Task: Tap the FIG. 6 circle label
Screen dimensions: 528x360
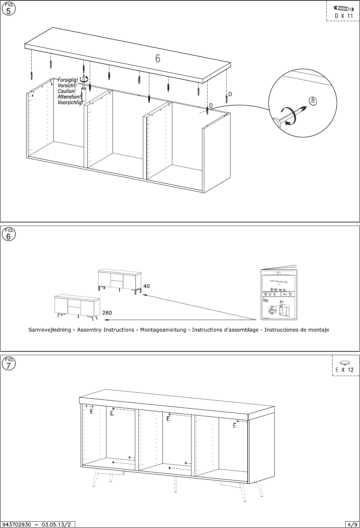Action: coord(8,235)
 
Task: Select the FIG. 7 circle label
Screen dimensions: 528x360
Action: coord(8,364)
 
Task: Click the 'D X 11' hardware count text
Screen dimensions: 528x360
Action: coord(344,16)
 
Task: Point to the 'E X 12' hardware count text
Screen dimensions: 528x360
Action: coord(345,370)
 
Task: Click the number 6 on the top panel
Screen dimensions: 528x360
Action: coord(158,59)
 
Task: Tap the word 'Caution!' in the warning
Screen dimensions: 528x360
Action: coord(67,91)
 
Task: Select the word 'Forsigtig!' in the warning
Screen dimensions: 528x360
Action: coord(68,80)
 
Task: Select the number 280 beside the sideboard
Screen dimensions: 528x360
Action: coord(107,313)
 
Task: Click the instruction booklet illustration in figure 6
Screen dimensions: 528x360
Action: coord(277,294)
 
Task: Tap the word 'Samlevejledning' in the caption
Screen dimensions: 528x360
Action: coord(50,330)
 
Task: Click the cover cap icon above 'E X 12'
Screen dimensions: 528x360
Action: coord(345,363)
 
